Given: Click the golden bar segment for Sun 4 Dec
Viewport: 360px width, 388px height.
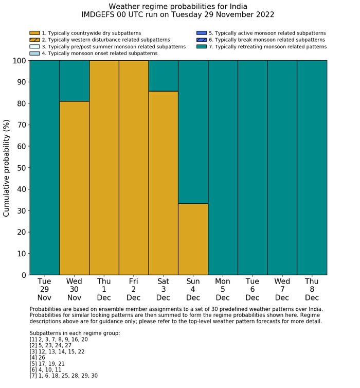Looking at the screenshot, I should click(193, 239).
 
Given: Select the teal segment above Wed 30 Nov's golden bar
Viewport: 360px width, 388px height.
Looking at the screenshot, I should click(74, 81).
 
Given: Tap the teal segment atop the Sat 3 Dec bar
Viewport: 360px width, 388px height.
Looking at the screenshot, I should click(163, 76).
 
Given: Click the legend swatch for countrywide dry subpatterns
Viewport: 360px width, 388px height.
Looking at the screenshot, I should click(34, 33).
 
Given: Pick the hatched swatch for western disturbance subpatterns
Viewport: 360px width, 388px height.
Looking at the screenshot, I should click(34, 40).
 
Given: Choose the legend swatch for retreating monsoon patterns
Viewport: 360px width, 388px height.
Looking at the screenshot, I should click(201, 46).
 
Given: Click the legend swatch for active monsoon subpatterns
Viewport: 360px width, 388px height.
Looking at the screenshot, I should click(201, 33).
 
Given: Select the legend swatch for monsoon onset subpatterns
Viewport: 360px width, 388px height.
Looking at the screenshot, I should click(34, 53).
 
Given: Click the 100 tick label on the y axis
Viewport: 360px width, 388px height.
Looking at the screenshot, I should click(19, 61).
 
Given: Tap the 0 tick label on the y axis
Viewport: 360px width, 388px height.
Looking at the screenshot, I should click(23, 275).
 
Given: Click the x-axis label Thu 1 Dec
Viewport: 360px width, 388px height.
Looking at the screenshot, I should click(104, 289).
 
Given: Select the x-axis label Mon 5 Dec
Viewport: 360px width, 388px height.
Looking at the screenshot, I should click(223, 289).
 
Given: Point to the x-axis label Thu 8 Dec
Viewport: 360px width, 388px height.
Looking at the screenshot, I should click(312, 289).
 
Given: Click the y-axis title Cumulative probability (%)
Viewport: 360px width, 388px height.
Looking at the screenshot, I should click(7, 168).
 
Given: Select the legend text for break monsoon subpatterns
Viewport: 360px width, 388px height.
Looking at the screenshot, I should click(267, 40).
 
